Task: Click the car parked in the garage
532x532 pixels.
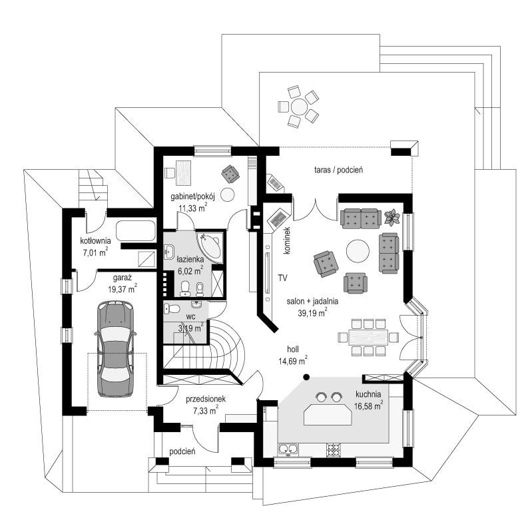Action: tap(116, 349)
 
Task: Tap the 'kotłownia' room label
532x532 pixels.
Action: tap(95, 241)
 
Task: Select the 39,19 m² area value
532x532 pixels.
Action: tap(312, 313)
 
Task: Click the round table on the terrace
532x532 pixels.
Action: tap(299, 107)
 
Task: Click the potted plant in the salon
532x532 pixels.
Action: tap(392, 218)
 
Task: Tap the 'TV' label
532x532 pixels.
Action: tap(282, 278)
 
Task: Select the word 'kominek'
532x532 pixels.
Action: tap(288, 240)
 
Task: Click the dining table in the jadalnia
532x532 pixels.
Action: tap(368, 337)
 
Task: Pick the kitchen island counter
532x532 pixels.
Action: tap(328, 414)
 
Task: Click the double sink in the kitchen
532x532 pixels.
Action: tap(288, 449)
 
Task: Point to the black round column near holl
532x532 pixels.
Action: tap(306, 377)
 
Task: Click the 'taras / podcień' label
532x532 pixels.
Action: tap(339, 170)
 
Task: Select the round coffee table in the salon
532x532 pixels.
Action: tap(358, 251)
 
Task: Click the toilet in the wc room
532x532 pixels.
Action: tap(173, 309)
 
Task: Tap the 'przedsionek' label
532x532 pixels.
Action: tap(206, 399)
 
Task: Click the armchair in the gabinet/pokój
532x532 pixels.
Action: tap(230, 174)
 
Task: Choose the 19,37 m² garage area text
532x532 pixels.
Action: tap(123, 290)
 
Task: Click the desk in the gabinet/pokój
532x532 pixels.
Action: tap(183, 173)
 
